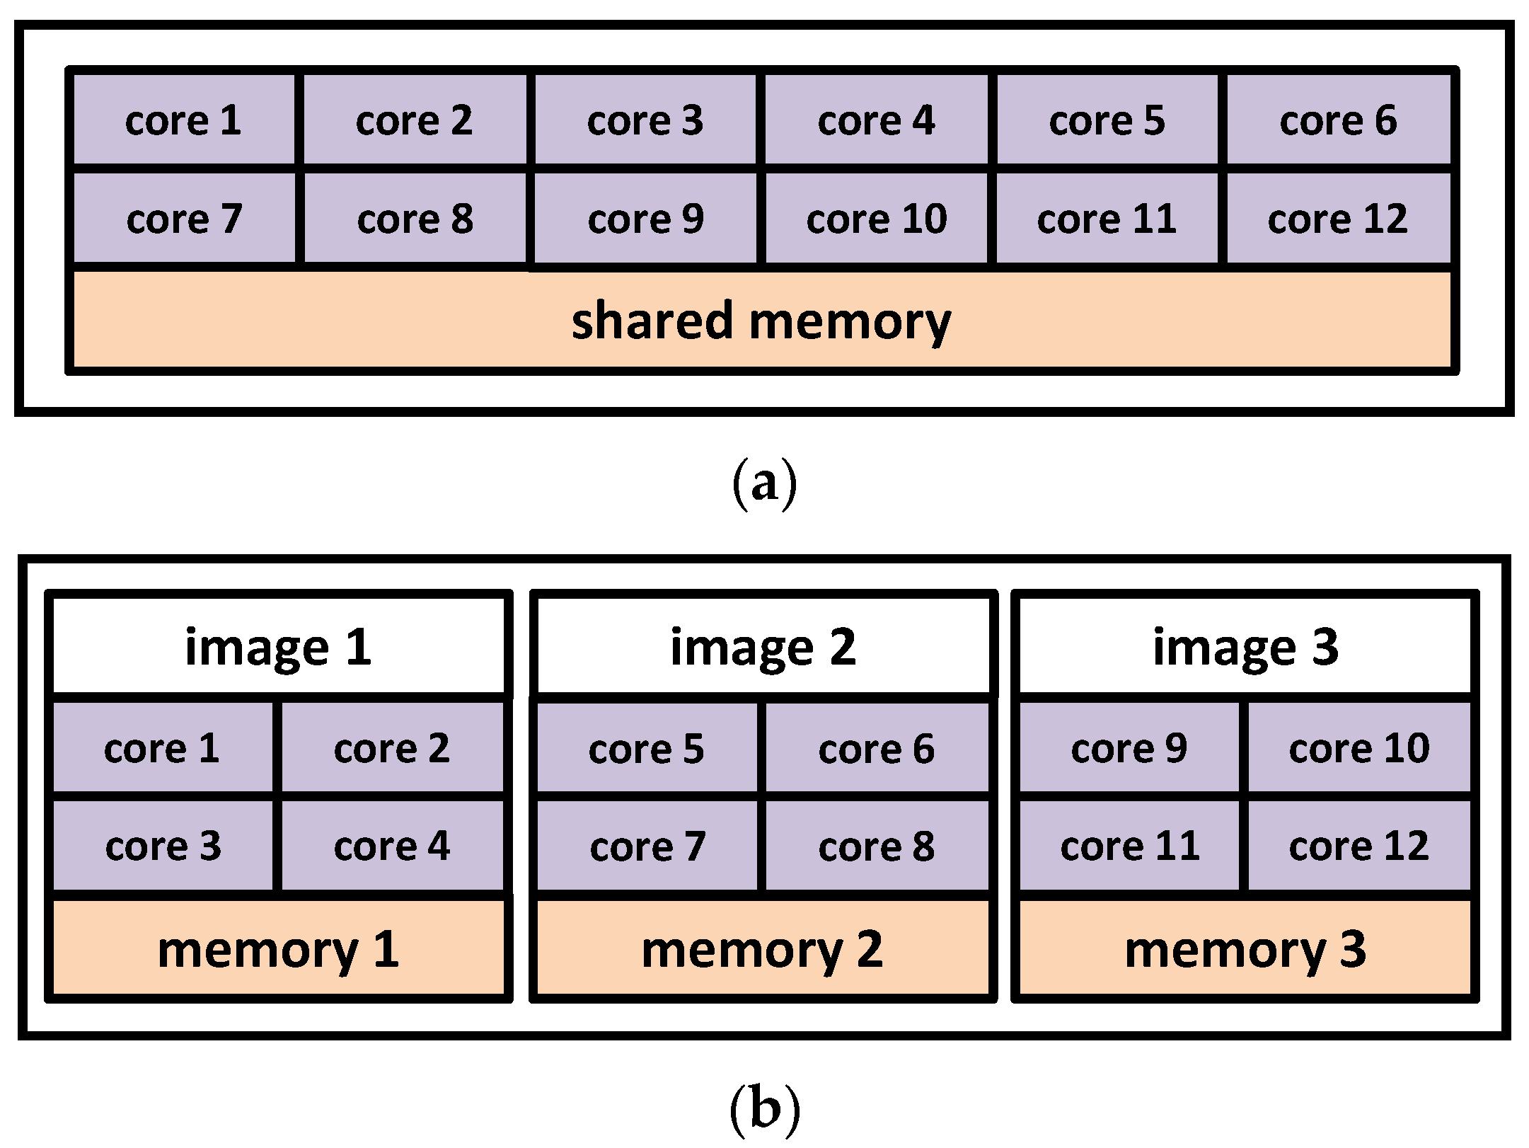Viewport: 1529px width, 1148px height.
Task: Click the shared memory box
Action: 761,320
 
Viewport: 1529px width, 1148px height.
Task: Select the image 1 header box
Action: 279,646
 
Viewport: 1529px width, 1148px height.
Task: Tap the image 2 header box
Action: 763,646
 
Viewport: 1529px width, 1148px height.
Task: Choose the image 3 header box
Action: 1245,646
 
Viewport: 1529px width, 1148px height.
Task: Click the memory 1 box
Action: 279,948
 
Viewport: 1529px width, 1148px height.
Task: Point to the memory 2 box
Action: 763,948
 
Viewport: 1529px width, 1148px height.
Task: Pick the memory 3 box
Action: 1245,948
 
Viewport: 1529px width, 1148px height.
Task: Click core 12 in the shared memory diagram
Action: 1337,219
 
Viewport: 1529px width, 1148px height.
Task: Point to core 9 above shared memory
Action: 645,219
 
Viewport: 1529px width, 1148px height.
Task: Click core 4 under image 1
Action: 392,846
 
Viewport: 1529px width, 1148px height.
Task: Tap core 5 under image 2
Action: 646,748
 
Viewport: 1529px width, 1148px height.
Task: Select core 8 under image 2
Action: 876,846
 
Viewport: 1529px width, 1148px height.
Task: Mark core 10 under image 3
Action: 1358,748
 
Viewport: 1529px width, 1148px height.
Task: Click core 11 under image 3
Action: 1129,846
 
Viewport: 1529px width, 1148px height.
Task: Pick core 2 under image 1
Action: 392,748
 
